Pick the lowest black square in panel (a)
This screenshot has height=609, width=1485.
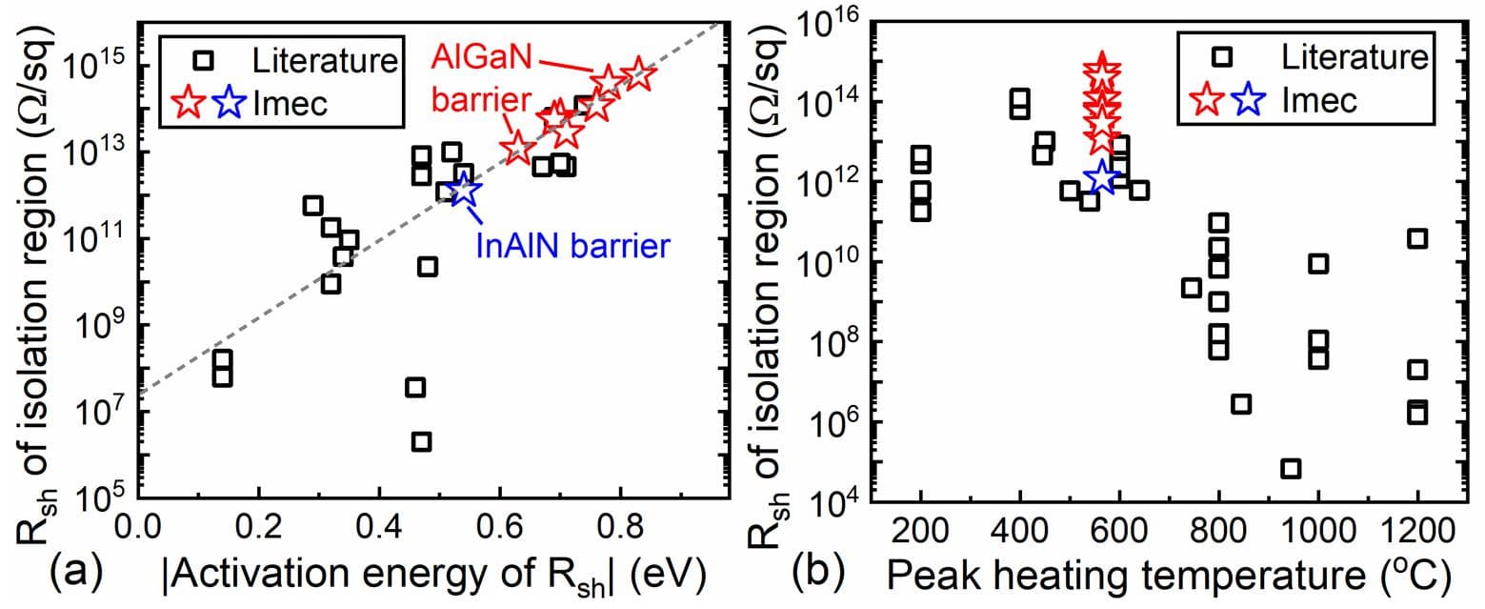pyautogui.click(x=421, y=441)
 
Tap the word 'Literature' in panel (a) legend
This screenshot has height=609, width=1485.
pyautogui.click(x=325, y=61)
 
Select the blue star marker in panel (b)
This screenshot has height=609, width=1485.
pyautogui.click(x=1102, y=177)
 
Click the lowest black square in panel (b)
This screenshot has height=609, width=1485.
pyautogui.click(x=1291, y=468)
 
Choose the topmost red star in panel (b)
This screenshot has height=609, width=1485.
pyautogui.click(x=1102, y=70)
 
